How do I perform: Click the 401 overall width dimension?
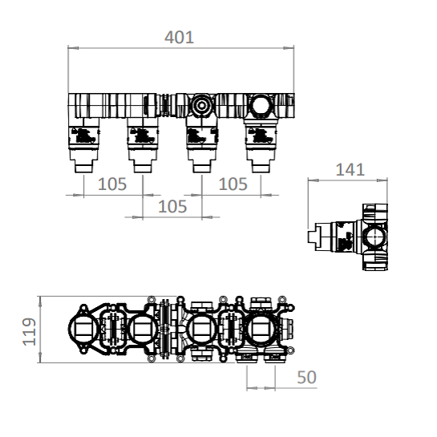(x=179, y=37)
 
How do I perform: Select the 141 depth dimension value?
(x=349, y=169)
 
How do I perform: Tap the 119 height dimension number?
(x=30, y=330)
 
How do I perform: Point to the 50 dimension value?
(x=306, y=376)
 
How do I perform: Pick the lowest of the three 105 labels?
(x=172, y=206)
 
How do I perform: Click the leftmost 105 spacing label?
(x=112, y=184)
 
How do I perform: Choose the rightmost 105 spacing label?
(x=233, y=184)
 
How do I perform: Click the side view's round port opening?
(x=374, y=238)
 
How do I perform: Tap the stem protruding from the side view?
(x=314, y=237)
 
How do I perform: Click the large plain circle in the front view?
(x=260, y=104)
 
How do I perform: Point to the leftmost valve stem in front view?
(x=84, y=164)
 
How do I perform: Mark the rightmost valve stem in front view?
(x=260, y=164)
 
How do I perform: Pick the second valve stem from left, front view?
(x=143, y=164)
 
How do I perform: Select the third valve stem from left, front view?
(x=200, y=164)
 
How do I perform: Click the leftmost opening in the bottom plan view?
(x=84, y=329)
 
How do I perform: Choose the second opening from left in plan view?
(x=143, y=329)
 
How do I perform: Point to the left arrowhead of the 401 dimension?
(x=71, y=48)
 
